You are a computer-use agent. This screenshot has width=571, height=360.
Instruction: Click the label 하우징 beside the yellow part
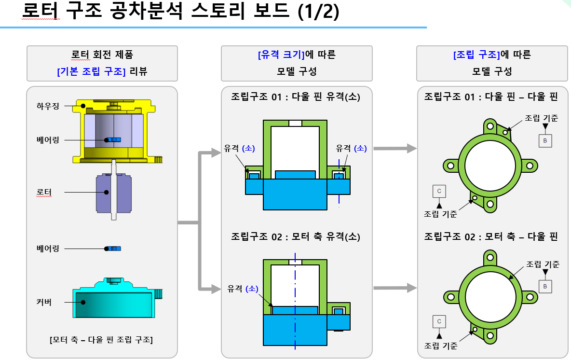tap(48, 106)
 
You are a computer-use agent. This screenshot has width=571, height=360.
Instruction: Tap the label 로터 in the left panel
tap(44, 192)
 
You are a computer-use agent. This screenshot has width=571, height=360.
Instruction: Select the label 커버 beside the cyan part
tap(44, 303)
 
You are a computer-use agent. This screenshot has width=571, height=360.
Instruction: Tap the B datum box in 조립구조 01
tap(545, 140)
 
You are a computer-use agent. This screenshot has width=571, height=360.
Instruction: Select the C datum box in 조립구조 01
tap(439, 191)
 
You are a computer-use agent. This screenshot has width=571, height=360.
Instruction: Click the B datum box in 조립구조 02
tap(545, 286)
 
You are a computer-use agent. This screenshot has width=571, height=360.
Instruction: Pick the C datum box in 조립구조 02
tap(439, 321)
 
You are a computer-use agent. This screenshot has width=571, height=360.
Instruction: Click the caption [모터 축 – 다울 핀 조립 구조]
tap(101, 340)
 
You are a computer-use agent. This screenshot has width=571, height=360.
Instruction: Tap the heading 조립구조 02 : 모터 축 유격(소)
tap(296, 237)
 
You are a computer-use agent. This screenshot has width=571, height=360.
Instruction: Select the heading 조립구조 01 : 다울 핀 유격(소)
tap(296, 97)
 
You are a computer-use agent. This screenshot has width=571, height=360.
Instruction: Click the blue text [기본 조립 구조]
tap(91, 72)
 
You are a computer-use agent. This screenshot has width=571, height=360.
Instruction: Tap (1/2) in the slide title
tap(318, 12)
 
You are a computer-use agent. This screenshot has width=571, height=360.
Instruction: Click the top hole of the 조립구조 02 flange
tap(490, 255)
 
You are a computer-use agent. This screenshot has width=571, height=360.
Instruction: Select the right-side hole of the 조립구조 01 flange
tap(530, 166)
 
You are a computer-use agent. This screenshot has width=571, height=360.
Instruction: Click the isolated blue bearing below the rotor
tap(114, 249)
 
